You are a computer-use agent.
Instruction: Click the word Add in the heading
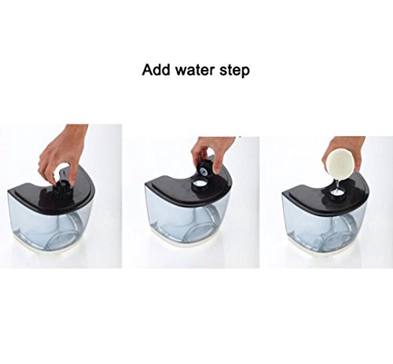coord(156,70)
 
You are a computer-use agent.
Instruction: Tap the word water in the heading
coord(195,70)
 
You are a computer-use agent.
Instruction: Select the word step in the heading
coord(235,72)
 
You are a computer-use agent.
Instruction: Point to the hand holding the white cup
coord(346,152)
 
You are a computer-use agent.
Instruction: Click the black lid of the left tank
coord(53,194)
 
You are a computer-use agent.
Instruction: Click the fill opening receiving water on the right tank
coord(336,195)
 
